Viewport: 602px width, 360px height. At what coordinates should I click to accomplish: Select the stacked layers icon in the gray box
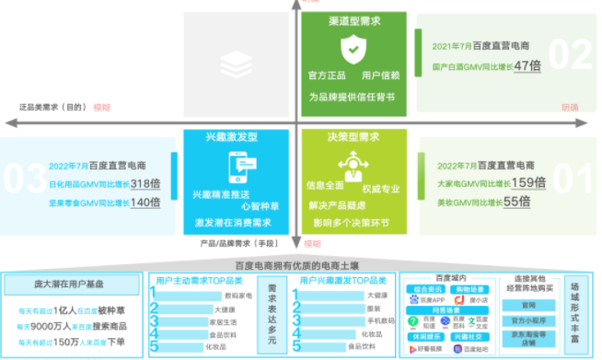[x=232, y=63]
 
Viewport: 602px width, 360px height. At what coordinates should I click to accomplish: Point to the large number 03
[x=19, y=176]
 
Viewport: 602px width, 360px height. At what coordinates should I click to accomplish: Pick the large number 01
[x=576, y=176]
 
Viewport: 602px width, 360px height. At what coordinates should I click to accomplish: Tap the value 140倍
[x=145, y=203]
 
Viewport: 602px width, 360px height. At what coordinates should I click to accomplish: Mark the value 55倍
[x=517, y=202]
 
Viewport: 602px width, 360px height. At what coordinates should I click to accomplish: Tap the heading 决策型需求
[x=353, y=136]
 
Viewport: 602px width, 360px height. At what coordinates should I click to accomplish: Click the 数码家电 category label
[x=238, y=296]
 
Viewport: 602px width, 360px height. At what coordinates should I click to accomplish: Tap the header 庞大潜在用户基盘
[x=71, y=285]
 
